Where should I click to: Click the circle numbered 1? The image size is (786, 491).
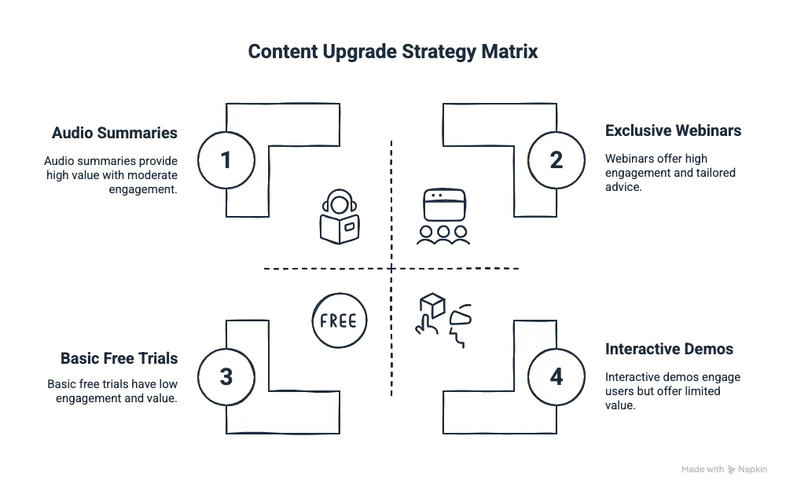click(x=226, y=160)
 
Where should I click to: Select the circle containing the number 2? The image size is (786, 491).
click(x=556, y=160)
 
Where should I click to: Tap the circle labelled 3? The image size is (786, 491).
click(x=226, y=376)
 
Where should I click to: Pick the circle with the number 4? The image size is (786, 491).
click(x=556, y=376)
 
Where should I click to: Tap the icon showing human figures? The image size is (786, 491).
click(x=440, y=319)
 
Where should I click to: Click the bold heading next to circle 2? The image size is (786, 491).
click(x=671, y=130)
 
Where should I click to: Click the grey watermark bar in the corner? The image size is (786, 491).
click(x=722, y=471)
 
